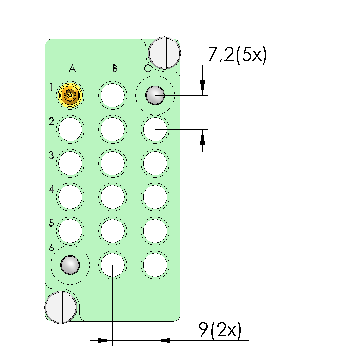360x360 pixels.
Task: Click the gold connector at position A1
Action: coord(70,95)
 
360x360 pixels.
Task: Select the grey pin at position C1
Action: coord(155,95)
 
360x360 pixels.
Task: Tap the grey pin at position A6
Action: coord(70,265)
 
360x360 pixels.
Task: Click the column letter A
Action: coord(72,68)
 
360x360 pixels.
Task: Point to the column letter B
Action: coord(115,68)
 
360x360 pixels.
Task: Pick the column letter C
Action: coord(148,68)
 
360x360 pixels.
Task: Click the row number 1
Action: coord(51,87)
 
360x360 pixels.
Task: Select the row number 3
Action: coord(51,155)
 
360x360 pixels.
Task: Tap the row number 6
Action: coord(51,248)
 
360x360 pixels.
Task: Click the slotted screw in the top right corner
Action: coord(165,53)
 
